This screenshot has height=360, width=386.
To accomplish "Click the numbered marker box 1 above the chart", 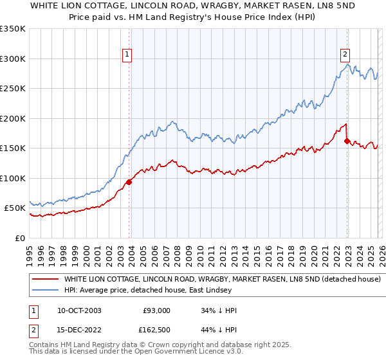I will (x=127, y=55).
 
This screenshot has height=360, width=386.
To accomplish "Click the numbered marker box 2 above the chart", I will (x=345, y=55).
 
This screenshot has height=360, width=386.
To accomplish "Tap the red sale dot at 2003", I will (x=129, y=182).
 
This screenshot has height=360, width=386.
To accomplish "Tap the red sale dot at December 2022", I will (x=347, y=140).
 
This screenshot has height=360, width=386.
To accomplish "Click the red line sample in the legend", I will (x=46, y=280).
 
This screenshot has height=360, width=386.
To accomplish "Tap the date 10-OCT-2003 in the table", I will (x=79, y=310).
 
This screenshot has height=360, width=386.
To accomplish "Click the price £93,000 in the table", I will (x=156, y=310).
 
